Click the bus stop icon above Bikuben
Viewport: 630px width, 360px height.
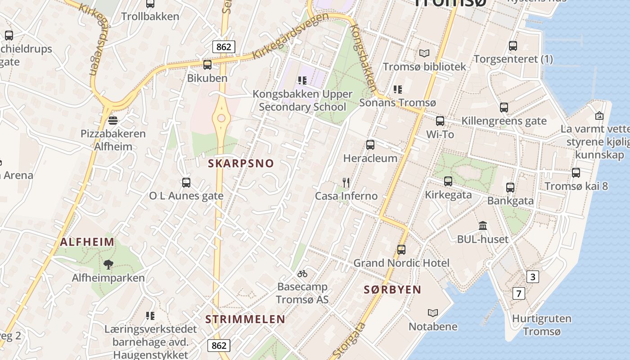(x=207, y=65)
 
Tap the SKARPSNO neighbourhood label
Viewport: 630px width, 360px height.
(x=241, y=163)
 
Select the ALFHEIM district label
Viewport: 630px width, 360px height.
(x=87, y=242)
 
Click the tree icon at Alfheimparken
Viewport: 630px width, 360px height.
(x=108, y=264)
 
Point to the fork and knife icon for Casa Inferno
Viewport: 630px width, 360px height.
(x=346, y=182)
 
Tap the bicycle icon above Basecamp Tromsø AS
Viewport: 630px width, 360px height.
(x=302, y=273)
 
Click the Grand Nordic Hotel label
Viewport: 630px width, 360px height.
(x=401, y=263)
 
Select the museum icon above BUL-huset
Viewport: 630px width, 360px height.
(x=483, y=225)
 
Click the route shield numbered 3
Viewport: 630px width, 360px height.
(x=533, y=276)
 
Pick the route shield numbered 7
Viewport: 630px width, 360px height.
(x=519, y=294)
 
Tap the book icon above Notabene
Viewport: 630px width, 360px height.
(x=433, y=313)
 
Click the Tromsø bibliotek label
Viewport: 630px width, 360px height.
(x=424, y=67)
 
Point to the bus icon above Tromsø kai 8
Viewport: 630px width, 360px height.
(x=576, y=172)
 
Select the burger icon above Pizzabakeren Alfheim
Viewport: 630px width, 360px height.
(x=113, y=120)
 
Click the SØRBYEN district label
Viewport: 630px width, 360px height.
(x=392, y=290)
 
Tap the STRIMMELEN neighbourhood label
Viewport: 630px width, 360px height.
(x=245, y=319)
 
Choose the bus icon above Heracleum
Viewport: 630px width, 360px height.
(x=370, y=144)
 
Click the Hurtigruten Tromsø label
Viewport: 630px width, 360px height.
(x=542, y=325)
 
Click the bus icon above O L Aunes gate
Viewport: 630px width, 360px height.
(x=186, y=182)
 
